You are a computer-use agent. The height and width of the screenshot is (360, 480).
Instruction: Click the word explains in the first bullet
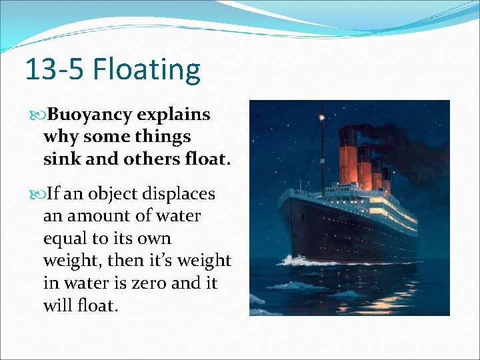pos(173,115)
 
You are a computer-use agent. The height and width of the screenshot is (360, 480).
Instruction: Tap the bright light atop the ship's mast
pos(321,118)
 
